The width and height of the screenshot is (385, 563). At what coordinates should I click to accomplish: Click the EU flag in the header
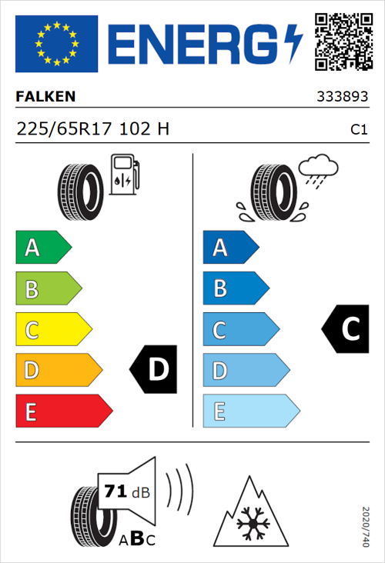tap(56, 44)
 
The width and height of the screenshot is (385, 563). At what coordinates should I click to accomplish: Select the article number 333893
tap(343, 98)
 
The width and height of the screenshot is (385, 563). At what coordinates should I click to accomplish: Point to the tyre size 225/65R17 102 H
tap(92, 130)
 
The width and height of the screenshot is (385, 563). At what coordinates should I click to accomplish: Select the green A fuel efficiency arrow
tap(42, 248)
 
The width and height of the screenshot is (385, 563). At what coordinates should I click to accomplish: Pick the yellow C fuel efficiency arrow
tap(52, 331)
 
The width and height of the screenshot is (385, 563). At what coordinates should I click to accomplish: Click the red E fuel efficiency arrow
tap(63, 411)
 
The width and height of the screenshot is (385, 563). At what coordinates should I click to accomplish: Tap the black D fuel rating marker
tap(154, 370)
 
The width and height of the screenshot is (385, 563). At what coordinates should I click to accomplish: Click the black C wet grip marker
tap(346, 329)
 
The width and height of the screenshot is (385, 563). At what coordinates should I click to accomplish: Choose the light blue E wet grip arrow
tap(250, 411)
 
